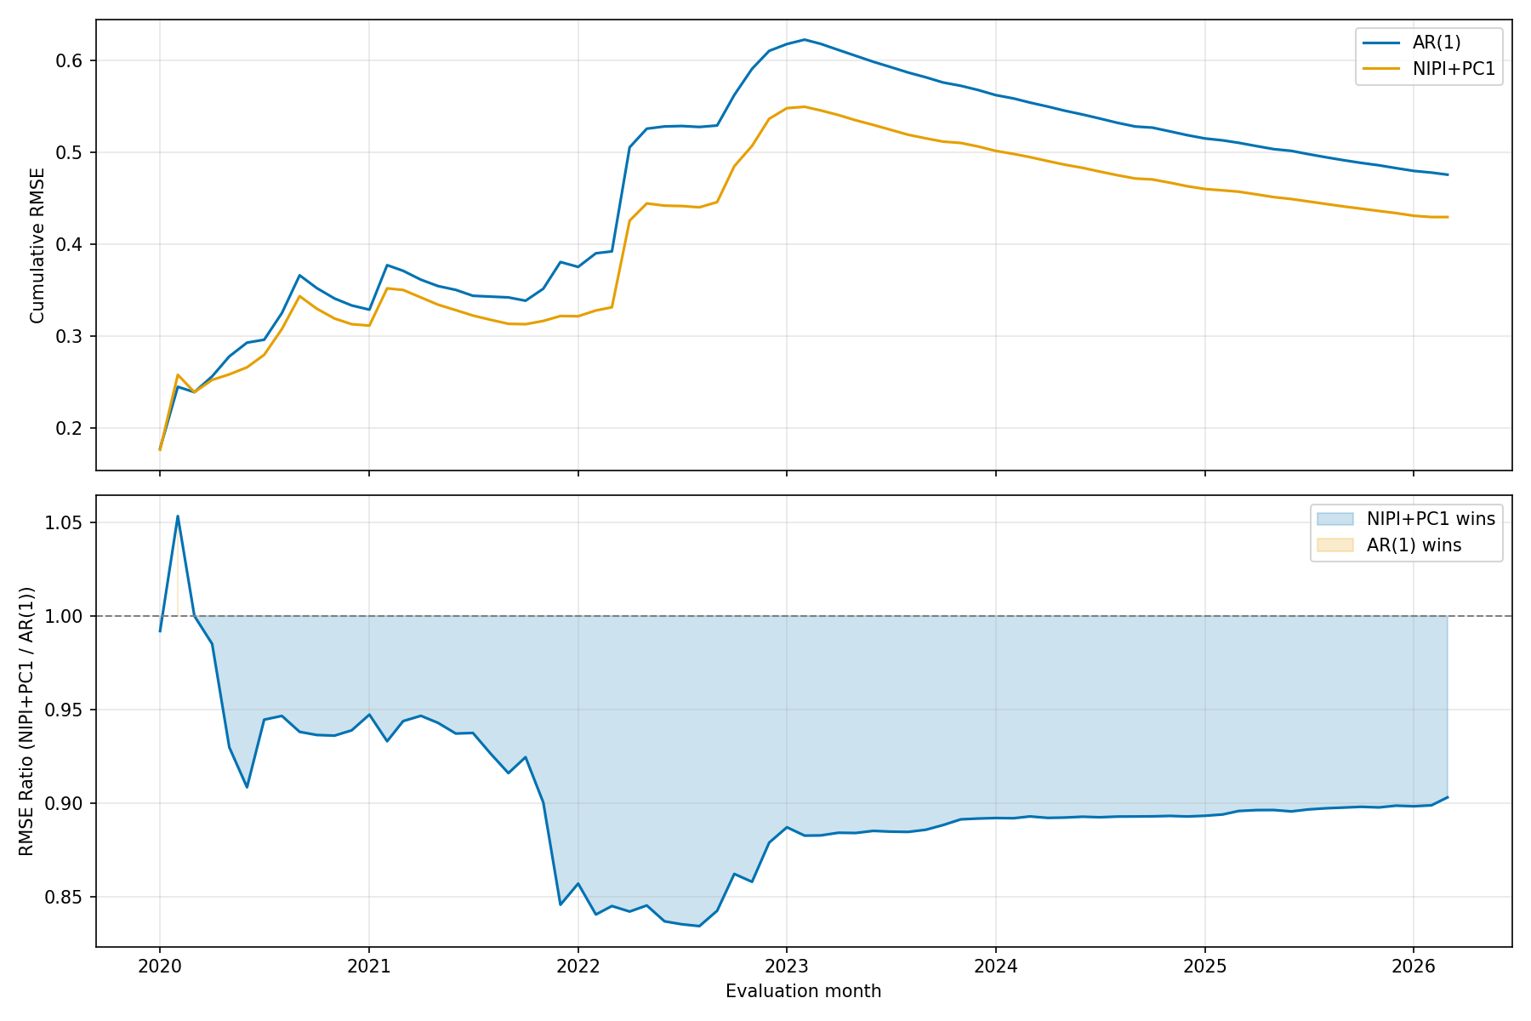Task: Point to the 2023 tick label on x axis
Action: (786, 967)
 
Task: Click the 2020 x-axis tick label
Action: (159, 967)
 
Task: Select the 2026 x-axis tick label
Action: (1413, 967)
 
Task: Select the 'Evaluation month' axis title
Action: (803, 991)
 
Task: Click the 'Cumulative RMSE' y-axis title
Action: (37, 245)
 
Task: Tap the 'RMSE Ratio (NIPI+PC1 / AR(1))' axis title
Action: (27, 721)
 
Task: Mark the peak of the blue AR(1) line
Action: (804, 39)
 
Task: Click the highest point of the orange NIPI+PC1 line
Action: (804, 106)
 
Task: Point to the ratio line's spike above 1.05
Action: (177, 516)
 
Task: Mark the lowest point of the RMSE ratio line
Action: (699, 926)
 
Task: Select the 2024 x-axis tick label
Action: (995, 967)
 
